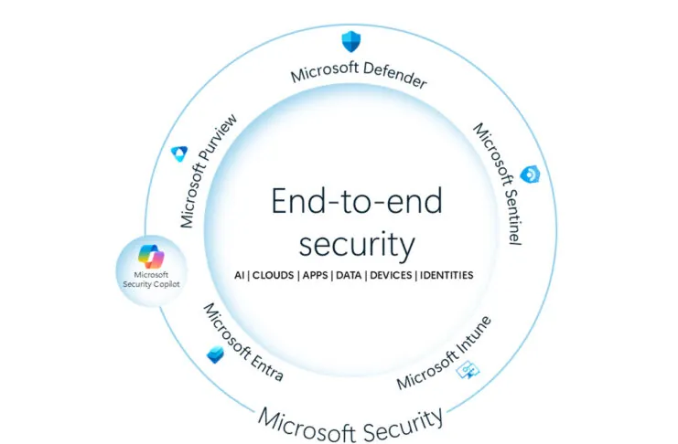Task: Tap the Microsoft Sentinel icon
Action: (x=528, y=174)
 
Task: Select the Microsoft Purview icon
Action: (x=179, y=154)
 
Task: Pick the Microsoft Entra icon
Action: (x=216, y=354)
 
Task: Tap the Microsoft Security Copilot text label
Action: (x=151, y=279)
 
